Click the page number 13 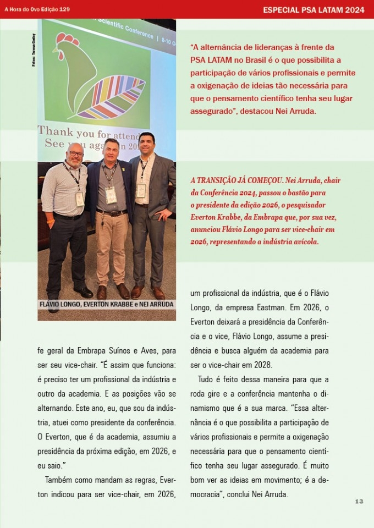tap(359, 501)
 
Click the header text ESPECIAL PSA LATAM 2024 tap(313, 10)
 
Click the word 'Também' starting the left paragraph tap(59, 480)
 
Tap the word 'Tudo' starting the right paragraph tap(207, 380)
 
